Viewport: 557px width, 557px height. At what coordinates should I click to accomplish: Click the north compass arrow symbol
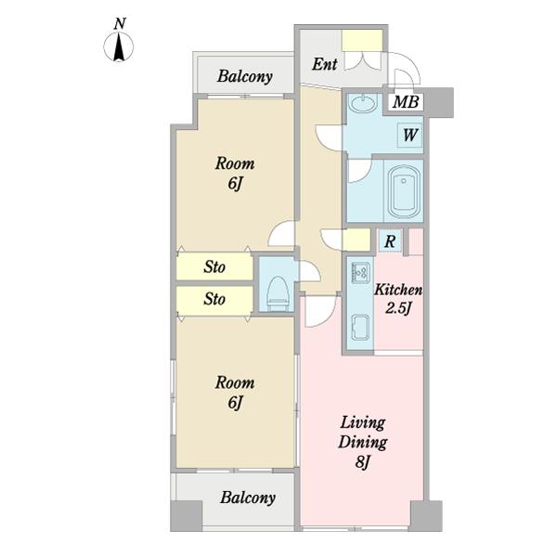click(x=119, y=46)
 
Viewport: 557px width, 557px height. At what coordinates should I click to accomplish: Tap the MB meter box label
click(x=406, y=102)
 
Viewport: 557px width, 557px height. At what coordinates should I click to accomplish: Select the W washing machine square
click(x=410, y=135)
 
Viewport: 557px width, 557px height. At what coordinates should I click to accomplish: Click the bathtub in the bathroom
click(x=404, y=191)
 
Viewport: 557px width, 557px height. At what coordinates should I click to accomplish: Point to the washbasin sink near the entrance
click(x=362, y=104)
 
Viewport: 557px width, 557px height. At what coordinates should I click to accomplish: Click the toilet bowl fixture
click(x=278, y=293)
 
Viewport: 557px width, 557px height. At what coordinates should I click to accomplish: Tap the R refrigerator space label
click(x=390, y=241)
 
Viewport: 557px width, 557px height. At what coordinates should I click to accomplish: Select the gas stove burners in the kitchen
click(x=360, y=272)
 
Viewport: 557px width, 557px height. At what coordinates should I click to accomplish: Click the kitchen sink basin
click(x=360, y=327)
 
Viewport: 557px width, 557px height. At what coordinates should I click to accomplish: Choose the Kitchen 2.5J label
click(x=398, y=299)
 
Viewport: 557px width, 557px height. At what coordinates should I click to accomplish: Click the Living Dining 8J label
click(x=363, y=442)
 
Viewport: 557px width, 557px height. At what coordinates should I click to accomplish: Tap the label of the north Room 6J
click(x=235, y=174)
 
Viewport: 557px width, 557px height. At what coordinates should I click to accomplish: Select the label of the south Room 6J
click(x=235, y=393)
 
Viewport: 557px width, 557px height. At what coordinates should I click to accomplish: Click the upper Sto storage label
click(x=214, y=266)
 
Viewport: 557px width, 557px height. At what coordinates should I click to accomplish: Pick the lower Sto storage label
click(x=214, y=299)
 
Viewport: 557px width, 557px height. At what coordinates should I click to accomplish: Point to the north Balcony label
click(x=245, y=76)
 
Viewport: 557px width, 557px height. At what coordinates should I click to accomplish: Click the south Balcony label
click(x=248, y=498)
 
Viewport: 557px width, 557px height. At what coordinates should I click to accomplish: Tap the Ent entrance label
click(x=324, y=64)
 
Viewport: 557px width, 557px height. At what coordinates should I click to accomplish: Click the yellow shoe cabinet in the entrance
click(x=362, y=41)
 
